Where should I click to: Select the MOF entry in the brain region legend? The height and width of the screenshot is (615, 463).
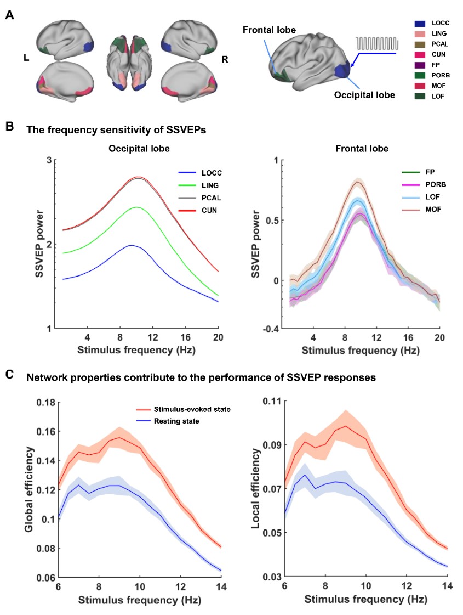click(436, 86)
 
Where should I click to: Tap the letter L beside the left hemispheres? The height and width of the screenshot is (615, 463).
click(26, 58)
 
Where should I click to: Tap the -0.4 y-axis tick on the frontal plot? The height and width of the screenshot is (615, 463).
click(273, 328)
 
